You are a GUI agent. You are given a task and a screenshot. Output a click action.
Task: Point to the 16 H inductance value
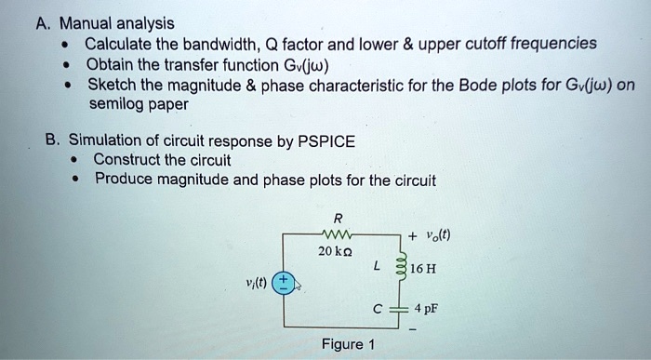click(x=425, y=271)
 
